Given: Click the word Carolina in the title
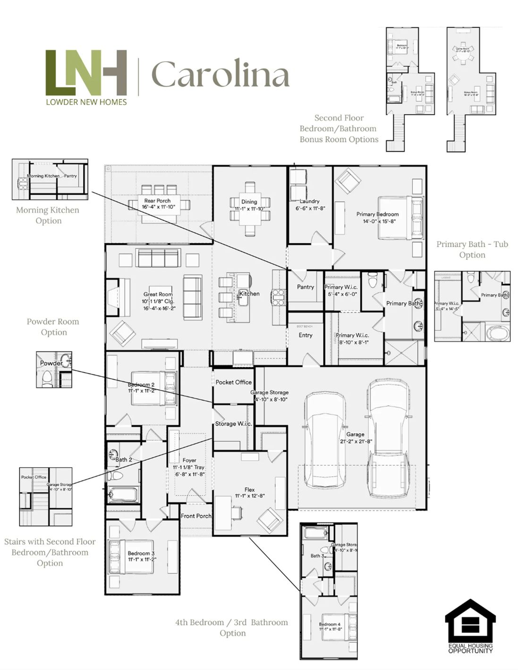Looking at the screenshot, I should click(x=220, y=74).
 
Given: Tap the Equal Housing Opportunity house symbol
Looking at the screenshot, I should click(x=470, y=620).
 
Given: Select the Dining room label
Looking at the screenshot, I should click(x=249, y=201).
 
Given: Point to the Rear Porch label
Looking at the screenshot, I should click(x=157, y=200).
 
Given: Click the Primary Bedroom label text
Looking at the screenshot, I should click(x=377, y=214).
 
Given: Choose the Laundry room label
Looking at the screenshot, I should click(x=309, y=201).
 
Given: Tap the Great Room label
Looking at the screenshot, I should click(x=158, y=294).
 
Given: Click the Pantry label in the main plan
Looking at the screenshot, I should click(x=306, y=287).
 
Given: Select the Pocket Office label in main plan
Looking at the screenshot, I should click(x=234, y=382).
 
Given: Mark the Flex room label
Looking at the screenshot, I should click(x=249, y=489).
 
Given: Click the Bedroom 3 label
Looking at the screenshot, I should click(x=141, y=553).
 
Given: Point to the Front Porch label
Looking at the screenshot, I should click(x=196, y=516).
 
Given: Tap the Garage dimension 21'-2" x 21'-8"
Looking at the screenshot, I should click(x=356, y=441).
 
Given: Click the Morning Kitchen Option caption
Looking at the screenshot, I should click(x=48, y=215).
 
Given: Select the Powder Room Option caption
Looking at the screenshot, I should click(x=53, y=327).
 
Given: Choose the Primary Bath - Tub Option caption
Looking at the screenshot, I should click(x=472, y=249).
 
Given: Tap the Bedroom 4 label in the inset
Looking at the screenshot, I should click(x=330, y=624).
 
